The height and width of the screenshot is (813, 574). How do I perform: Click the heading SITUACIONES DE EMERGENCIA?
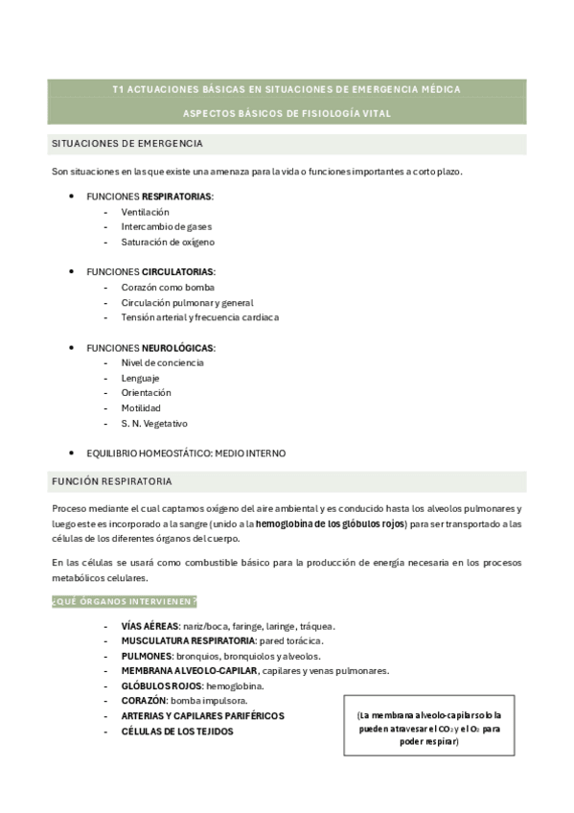pos(126,143)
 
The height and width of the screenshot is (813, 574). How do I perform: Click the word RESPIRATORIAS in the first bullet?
pos(177,196)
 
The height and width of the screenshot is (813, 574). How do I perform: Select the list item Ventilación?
pos(145,211)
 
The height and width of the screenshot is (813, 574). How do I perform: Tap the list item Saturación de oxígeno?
pos(161,242)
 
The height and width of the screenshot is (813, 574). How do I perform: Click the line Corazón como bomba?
pos(167,287)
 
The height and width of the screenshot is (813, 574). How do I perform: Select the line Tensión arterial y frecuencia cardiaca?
pos(199,317)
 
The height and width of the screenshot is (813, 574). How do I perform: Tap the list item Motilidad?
pos(141,407)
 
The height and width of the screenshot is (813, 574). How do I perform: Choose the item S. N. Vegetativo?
pos(154,423)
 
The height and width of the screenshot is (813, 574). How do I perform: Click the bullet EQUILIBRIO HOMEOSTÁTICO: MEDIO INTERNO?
pos(186,453)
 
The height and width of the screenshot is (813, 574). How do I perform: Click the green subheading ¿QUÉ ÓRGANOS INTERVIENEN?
pos(125,601)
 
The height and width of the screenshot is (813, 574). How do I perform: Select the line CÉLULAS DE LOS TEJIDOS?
pos(176,731)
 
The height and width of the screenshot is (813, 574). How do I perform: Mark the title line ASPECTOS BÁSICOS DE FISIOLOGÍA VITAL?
pos(287,113)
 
